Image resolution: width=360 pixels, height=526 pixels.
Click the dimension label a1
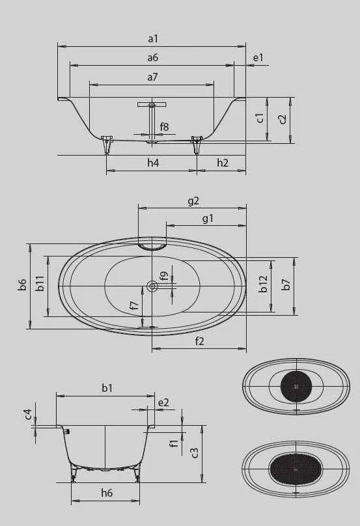click(152, 39)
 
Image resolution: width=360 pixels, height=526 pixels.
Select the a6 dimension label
click(152, 58)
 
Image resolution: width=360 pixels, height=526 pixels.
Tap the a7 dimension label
click(152, 77)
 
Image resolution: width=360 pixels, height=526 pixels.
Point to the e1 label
click(258, 58)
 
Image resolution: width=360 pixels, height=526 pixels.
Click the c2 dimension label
click(282, 119)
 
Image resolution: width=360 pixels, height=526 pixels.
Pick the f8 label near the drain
click(164, 127)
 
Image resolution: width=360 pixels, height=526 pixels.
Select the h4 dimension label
click(152, 163)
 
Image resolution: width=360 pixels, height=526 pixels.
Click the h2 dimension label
click(222, 163)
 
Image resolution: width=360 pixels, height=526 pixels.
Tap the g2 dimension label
click(193, 201)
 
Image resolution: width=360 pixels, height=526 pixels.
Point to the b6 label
click(22, 285)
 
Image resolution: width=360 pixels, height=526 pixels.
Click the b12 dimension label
click(263, 284)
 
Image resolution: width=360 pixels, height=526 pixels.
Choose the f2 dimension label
click(199, 340)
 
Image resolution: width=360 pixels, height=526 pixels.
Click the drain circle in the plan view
click(152, 285)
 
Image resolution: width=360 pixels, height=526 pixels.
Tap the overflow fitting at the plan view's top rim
click(152, 246)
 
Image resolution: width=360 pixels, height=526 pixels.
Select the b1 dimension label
click(107, 387)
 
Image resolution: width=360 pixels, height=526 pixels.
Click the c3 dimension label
click(195, 453)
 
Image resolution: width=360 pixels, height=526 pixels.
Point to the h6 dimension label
click(107, 493)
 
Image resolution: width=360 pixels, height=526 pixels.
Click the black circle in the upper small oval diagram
click(296, 385)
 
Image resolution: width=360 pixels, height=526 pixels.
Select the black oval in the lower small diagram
click(295, 468)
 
